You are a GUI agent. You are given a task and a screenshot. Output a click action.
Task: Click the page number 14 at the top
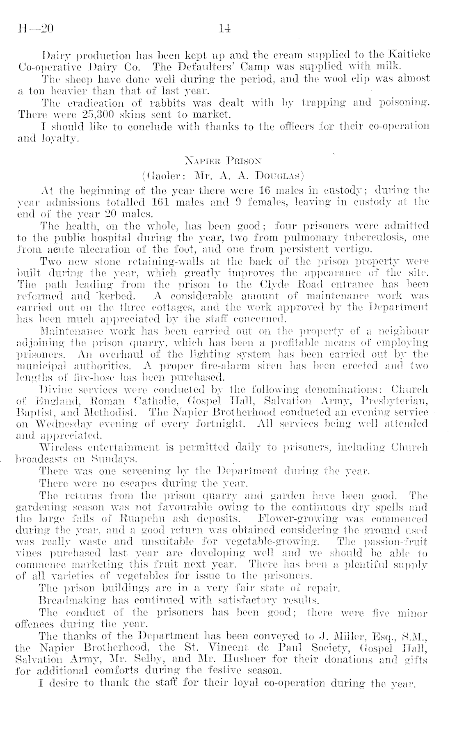pos(225,29)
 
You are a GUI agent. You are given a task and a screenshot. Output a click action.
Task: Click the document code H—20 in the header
pos(36,29)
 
